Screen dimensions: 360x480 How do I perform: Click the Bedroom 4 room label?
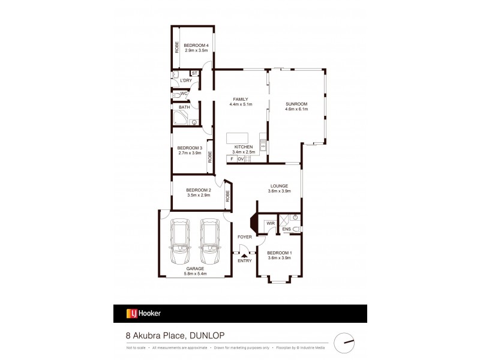[x=196, y=45]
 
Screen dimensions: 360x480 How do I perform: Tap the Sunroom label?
[x=297, y=103]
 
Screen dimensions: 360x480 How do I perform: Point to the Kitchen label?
[x=243, y=147]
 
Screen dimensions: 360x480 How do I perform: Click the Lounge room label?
[x=279, y=186]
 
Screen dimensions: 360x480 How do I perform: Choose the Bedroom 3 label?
[x=190, y=148]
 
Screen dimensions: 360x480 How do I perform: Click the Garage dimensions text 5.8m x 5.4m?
[x=194, y=274]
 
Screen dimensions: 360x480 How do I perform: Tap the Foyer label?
[x=245, y=238]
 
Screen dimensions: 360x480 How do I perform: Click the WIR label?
[x=271, y=223]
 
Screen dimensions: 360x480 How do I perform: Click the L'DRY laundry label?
[x=185, y=80]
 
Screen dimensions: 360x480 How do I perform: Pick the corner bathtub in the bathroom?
[x=182, y=118]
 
